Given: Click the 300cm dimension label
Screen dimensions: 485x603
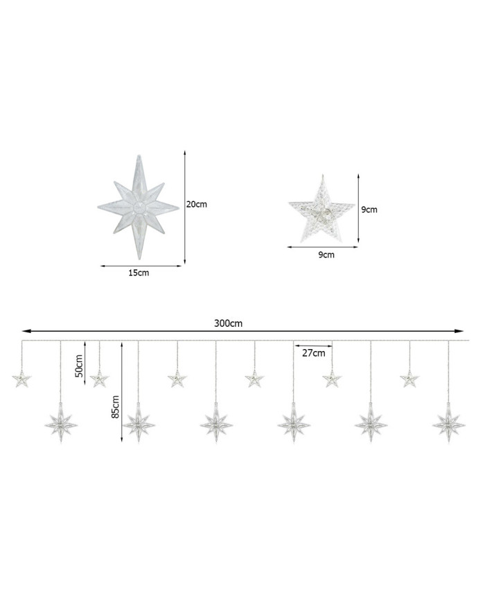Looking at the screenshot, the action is click(228, 323).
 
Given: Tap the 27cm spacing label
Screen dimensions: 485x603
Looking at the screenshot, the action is click(313, 353).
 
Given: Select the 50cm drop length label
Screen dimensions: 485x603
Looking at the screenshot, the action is click(79, 365).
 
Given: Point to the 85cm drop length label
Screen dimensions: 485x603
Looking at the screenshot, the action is click(116, 407).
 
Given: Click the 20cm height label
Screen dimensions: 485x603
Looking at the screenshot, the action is click(197, 204).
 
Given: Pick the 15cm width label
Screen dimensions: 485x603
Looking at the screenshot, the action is click(139, 273).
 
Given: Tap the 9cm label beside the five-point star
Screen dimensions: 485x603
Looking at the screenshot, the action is click(369, 210).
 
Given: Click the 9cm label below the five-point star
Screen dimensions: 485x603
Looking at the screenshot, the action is click(326, 255).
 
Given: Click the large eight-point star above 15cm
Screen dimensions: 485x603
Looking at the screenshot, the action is click(139, 207).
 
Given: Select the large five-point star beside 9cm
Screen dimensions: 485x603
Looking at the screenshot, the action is click(321, 210).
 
